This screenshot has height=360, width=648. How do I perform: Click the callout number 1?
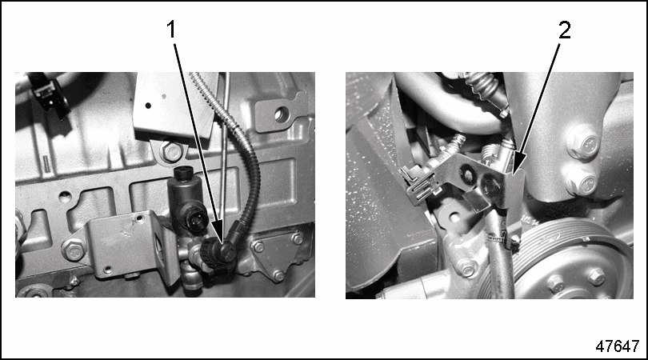coord(171,30)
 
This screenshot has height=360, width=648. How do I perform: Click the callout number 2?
coord(565,30)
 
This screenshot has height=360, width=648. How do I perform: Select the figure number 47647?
coord(618,346)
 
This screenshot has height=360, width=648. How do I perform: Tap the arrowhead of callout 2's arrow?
coord(517,163)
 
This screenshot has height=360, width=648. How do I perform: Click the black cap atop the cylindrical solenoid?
coord(182,173)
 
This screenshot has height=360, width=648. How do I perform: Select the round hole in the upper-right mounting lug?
coord(281,114)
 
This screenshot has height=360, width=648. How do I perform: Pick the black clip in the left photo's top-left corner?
coord(49,95)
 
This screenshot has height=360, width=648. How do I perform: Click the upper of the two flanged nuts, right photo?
coord(582,142)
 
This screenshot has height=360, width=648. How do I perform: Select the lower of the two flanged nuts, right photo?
coord(582,184)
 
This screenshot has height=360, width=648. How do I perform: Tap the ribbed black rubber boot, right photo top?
coord(484,86)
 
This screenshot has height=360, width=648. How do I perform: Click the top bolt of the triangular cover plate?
coord(296,238)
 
